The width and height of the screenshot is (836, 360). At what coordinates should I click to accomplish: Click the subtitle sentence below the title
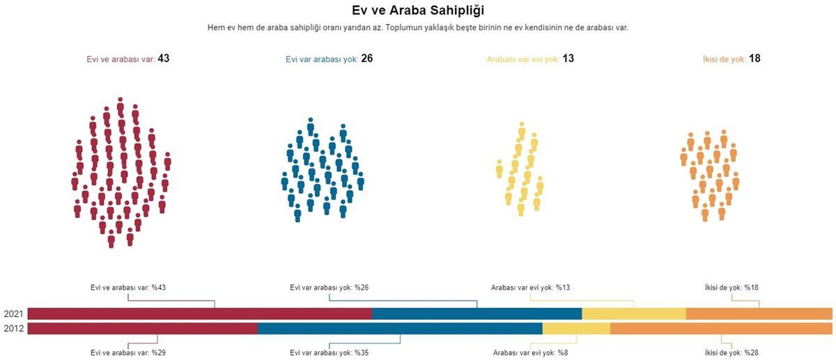click(x=418, y=28)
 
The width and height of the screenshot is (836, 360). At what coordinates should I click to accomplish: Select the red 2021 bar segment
click(x=199, y=313)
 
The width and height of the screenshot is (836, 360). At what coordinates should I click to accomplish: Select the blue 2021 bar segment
click(x=477, y=313)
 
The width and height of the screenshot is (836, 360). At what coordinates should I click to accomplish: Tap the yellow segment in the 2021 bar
click(x=633, y=313)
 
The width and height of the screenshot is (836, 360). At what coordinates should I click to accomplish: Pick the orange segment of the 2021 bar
click(x=759, y=313)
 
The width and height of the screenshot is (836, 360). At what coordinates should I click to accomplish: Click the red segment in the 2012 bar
click(x=143, y=329)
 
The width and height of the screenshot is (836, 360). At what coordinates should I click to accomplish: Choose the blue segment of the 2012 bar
click(x=400, y=329)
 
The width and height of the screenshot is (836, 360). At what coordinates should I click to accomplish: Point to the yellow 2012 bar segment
click(x=576, y=329)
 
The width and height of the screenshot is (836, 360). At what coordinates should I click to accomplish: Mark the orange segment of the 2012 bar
click(x=721, y=329)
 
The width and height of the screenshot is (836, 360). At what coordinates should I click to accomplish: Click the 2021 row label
click(x=13, y=314)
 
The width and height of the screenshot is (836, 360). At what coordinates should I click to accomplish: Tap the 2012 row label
click(x=13, y=329)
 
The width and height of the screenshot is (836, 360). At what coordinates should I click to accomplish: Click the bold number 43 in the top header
click(x=164, y=58)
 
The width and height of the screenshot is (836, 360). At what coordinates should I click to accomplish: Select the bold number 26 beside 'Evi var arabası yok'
click(x=366, y=58)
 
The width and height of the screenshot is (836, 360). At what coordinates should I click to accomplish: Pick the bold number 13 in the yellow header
click(x=568, y=58)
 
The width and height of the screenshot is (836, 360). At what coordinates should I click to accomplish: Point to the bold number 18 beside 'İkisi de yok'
click(x=754, y=58)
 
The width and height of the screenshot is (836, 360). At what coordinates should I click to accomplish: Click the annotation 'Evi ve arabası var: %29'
click(x=128, y=352)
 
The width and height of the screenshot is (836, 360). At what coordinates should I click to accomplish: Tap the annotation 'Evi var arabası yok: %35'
click(x=330, y=352)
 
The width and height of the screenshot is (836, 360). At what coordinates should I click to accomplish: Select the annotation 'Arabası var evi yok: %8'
click(x=529, y=352)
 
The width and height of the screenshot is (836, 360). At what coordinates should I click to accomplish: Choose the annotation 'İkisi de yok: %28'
click(x=731, y=352)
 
